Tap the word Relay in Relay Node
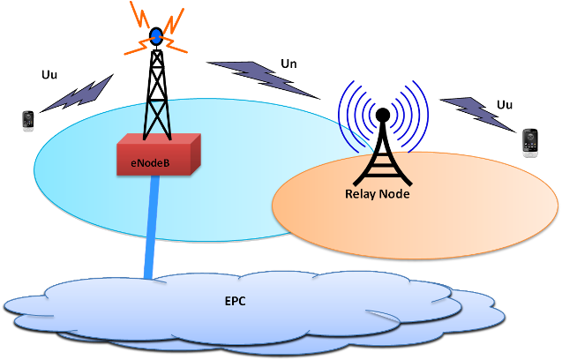[359, 193]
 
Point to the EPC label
[235, 302]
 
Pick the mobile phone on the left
[28, 121]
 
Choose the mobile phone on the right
[530, 142]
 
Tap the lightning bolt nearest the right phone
[476, 112]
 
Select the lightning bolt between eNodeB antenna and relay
[262, 78]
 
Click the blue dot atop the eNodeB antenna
[156, 36]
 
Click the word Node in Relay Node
[394, 193]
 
